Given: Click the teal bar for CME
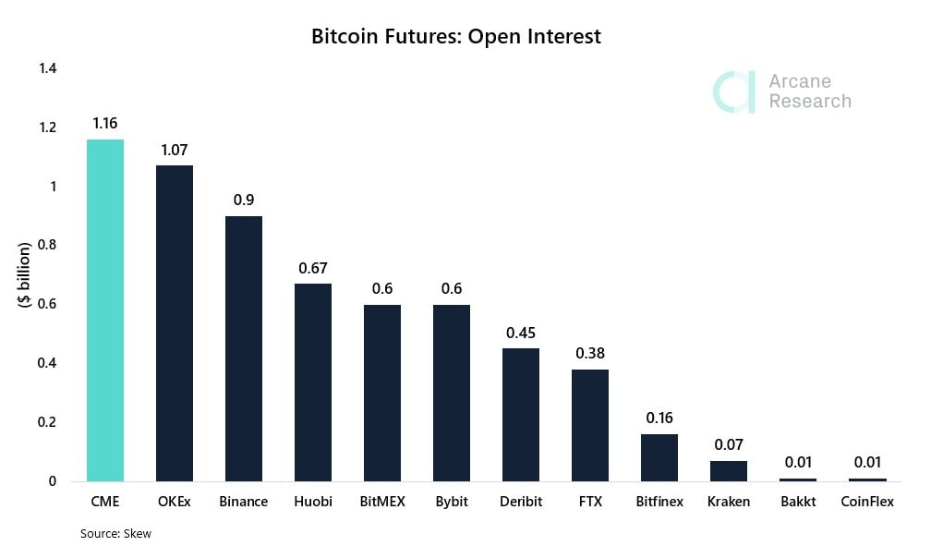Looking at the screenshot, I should tap(105, 310).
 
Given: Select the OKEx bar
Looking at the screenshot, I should tap(175, 323).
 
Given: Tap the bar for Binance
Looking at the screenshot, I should tap(244, 348).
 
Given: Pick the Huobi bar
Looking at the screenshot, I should tap(313, 382).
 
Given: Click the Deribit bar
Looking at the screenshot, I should tap(521, 415).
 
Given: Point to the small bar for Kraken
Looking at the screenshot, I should tap(729, 470).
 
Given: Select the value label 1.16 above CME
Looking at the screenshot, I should tap(104, 123).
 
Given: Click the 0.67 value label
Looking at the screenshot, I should tap(313, 268).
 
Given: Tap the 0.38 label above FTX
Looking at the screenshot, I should tap(590, 353).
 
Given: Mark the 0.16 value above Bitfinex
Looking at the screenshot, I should tap(659, 418).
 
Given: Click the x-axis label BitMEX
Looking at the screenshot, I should tap(382, 502).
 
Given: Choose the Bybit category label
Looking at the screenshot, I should tap(452, 502).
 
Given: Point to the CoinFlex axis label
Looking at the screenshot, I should tap(867, 502).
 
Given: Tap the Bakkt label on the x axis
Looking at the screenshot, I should tap(798, 502).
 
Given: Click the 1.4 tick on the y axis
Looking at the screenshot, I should tap(47, 68).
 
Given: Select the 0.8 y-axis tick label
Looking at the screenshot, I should tap(47, 245).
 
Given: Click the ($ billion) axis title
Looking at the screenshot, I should tap(25, 274).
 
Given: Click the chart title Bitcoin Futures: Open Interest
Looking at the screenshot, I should tap(456, 37).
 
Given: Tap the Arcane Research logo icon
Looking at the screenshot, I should tap(735, 91).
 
